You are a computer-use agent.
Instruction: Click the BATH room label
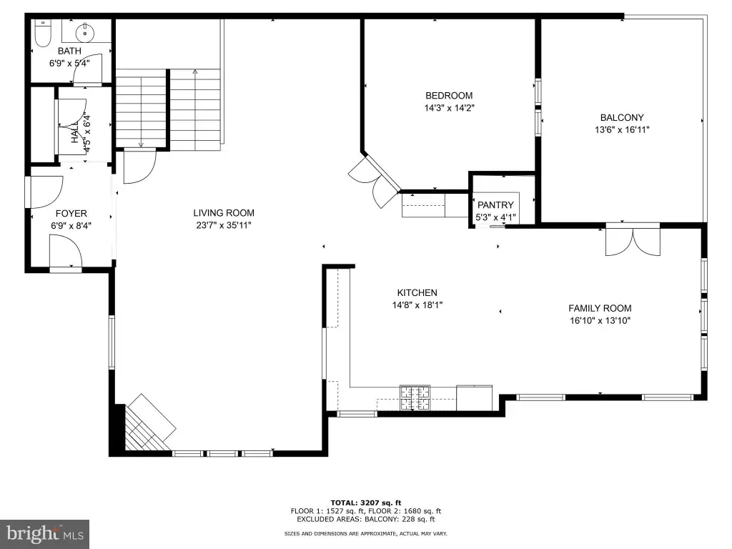click(x=69, y=51)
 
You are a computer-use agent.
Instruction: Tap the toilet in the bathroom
click(x=43, y=34)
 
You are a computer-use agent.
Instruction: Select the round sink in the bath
click(x=85, y=32)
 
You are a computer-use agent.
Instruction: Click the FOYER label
click(x=71, y=213)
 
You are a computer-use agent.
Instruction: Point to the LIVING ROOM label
click(x=224, y=213)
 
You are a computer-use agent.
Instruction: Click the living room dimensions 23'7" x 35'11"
click(x=224, y=225)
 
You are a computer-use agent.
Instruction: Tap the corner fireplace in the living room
click(x=144, y=425)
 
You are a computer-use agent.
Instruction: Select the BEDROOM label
click(x=449, y=96)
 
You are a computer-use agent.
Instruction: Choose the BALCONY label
click(x=622, y=118)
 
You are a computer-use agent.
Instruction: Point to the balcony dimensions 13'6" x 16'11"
click(x=622, y=130)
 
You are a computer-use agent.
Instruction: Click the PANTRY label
click(x=495, y=205)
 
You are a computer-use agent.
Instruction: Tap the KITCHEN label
click(x=417, y=292)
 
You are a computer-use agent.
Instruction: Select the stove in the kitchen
click(x=415, y=398)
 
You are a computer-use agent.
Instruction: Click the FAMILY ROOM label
click(x=600, y=308)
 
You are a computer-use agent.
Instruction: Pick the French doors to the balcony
click(x=633, y=241)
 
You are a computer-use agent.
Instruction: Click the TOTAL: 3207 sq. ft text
click(x=366, y=503)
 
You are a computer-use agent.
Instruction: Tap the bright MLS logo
click(x=45, y=533)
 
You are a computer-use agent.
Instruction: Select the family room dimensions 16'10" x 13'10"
click(x=600, y=321)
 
